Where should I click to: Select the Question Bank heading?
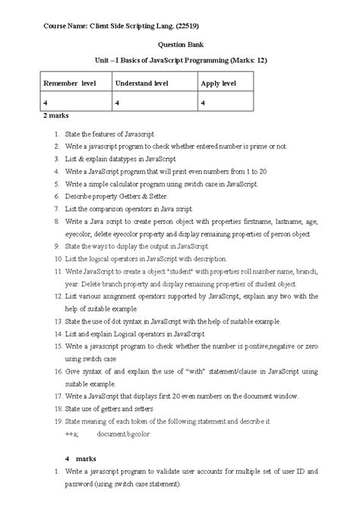(x=179, y=45)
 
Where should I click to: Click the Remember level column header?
(x=69, y=82)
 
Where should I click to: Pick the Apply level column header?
(x=220, y=82)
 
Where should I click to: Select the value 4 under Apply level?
(x=203, y=102)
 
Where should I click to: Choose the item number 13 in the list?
(x=58, y=321)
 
